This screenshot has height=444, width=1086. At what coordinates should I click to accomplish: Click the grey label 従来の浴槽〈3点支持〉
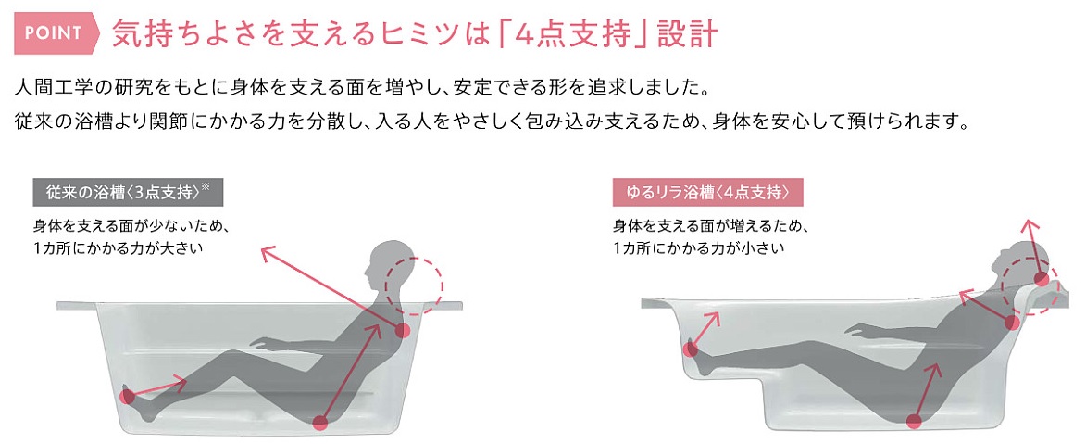tap(128, 193)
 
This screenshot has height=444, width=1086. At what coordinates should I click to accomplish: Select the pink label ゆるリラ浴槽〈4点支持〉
tap(707, 193)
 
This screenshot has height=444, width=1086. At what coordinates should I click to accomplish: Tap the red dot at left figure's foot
tap(127, 398)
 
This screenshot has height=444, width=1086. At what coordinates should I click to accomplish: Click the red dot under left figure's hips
tap(319, 422)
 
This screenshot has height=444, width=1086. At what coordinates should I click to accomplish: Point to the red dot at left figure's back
tap(403, 330)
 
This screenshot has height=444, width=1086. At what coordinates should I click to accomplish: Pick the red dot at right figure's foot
tap(690, 349)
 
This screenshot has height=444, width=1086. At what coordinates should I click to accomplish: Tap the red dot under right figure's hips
tap(914, 421)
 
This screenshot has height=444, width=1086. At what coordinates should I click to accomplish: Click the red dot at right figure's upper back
tap(1012, 322)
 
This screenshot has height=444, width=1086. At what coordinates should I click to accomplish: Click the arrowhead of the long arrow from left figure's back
tap(266, 251)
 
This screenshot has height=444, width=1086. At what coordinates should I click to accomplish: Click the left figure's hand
tap(261, 340)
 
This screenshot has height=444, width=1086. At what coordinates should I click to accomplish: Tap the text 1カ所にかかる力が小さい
tap(698, 247)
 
